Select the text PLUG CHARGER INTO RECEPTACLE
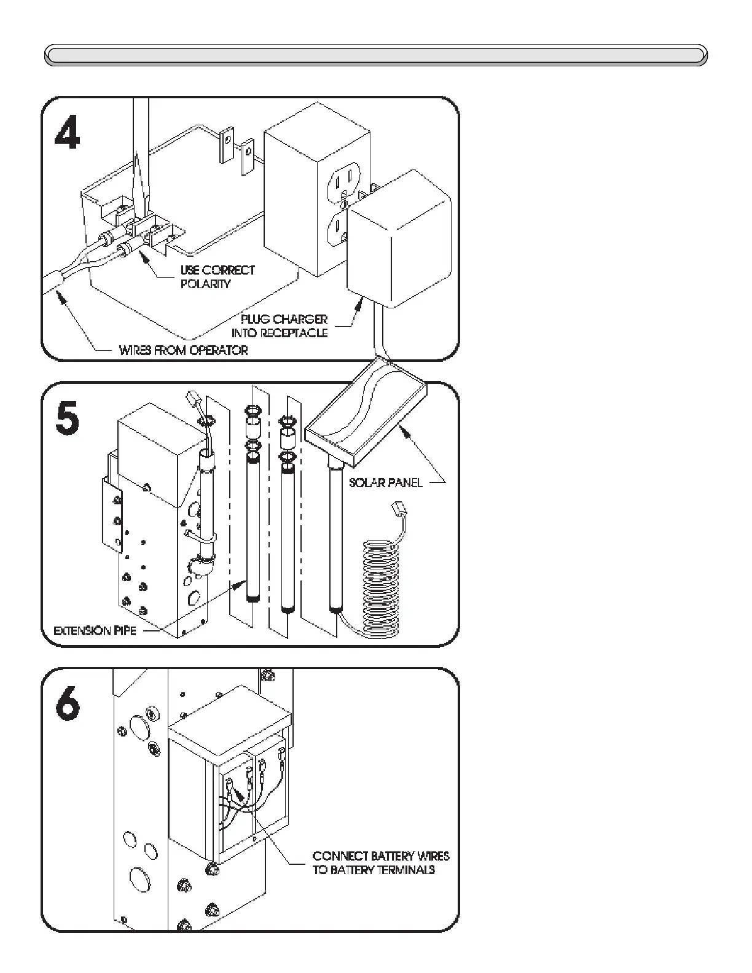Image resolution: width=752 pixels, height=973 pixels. (280, 326)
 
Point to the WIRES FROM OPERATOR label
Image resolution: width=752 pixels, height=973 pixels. (183, 351)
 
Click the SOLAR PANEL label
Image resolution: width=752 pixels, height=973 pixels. (386, 482)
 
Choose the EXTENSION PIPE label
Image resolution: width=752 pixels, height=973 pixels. (95, 631)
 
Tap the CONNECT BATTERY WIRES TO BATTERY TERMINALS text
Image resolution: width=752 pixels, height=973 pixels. (381, 862)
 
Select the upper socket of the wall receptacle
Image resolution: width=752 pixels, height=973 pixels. (342, 181)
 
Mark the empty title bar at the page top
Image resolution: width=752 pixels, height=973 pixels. (376, 55)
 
